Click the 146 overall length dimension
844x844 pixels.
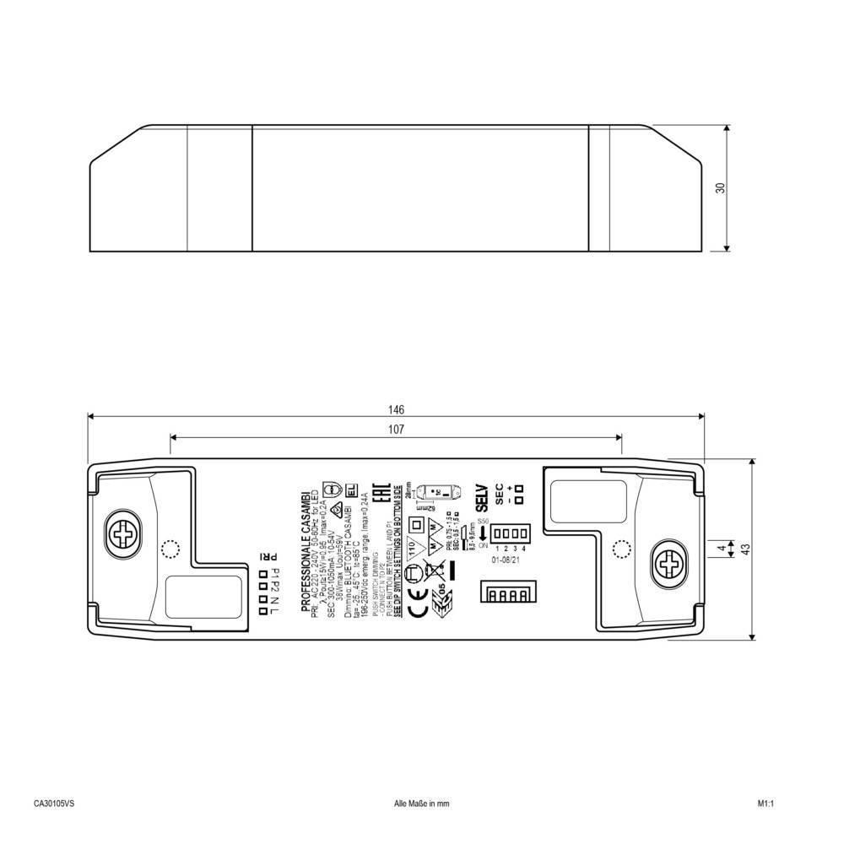(397, 409)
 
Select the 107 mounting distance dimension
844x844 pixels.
(397, 430)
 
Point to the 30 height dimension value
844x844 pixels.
(720, 188)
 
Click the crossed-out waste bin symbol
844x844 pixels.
(436, 575)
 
